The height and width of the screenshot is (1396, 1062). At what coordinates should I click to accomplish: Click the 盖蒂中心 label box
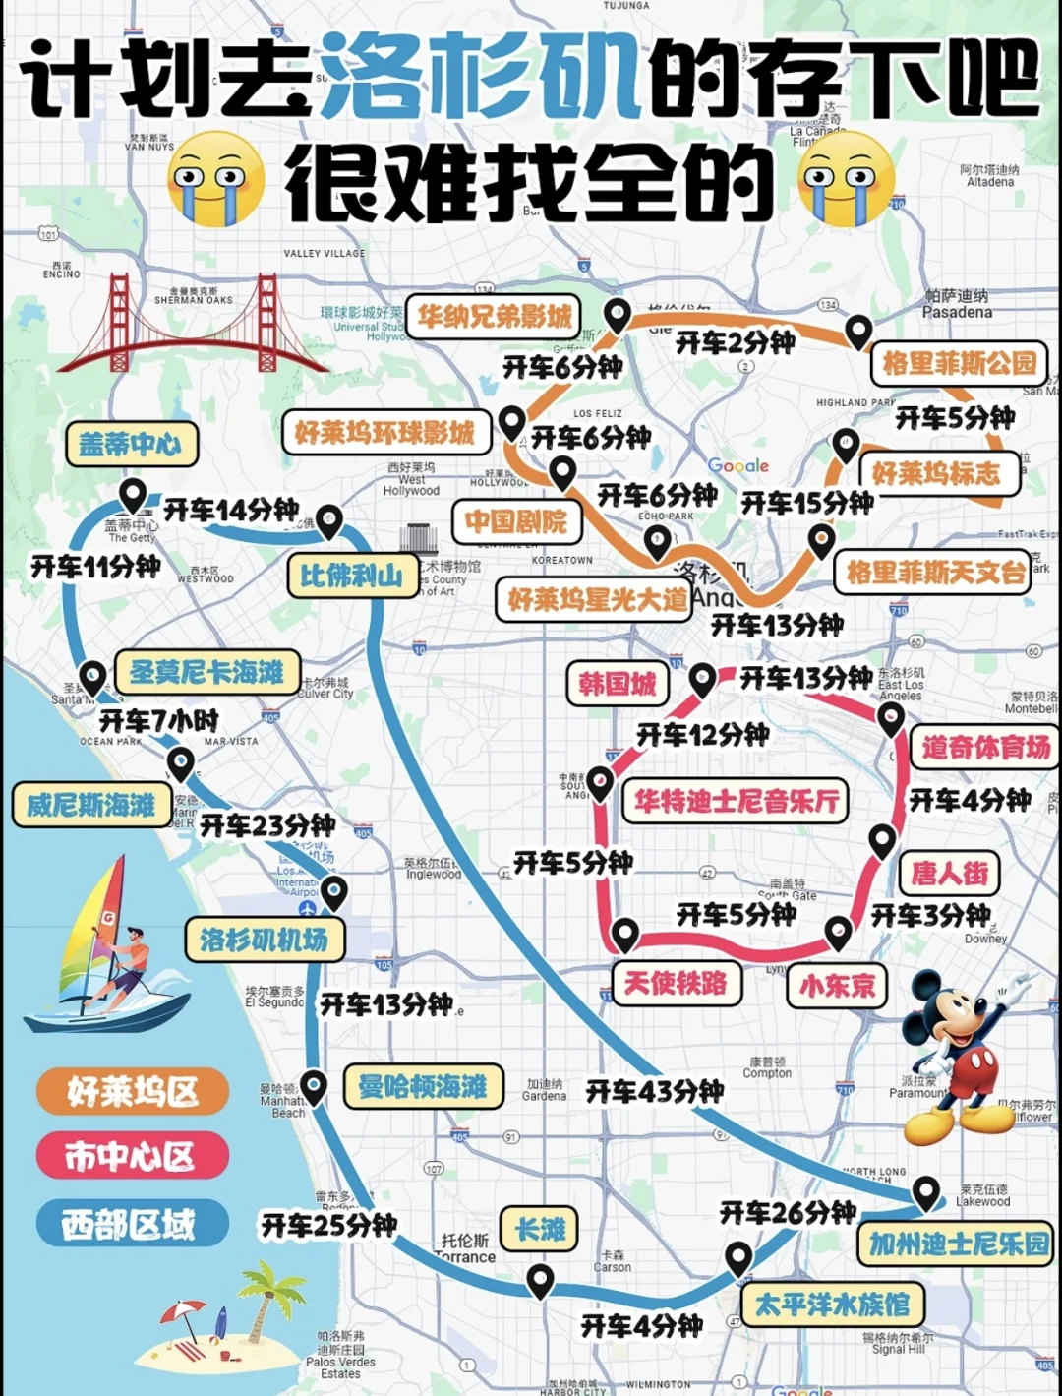132,445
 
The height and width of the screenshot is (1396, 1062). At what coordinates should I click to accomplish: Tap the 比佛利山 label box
351,576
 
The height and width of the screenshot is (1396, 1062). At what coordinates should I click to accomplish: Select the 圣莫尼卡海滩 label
206,672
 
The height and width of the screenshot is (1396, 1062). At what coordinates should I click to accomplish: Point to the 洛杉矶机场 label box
264,940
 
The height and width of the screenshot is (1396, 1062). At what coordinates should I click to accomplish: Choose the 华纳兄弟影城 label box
494,316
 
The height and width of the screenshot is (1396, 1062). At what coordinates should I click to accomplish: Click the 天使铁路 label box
676,982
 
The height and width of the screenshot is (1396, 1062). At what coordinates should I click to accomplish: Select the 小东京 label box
837,985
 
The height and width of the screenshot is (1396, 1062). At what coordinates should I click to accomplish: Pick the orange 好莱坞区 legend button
132,1091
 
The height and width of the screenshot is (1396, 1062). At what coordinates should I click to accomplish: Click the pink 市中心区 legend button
132,1156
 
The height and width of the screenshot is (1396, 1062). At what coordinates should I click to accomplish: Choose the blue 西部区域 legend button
132,1224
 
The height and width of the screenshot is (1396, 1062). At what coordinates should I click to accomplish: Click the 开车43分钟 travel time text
655,1091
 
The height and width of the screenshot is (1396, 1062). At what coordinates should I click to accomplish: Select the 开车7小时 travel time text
159,720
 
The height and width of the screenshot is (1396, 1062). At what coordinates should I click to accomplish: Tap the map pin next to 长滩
539,1281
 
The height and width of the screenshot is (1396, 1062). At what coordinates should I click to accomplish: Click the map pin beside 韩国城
702,678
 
